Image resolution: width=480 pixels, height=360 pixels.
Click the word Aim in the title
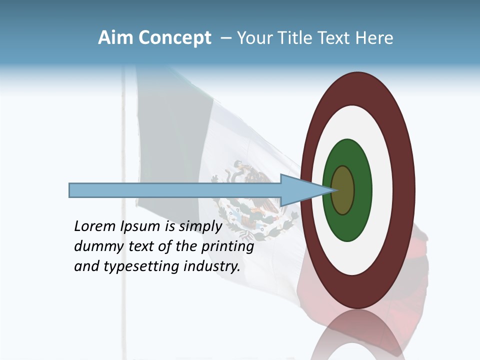115,38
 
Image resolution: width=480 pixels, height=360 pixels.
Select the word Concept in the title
174,38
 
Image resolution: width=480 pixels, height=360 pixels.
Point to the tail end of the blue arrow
71,190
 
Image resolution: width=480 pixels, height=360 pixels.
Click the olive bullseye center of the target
343,190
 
